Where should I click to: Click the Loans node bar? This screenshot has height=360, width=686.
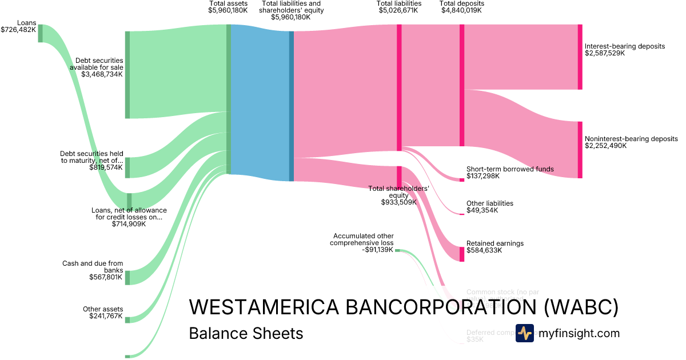(x=40, y=33)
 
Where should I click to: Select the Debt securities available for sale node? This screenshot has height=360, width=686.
(x=127, y=74)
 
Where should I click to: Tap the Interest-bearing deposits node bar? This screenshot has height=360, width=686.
(x=580, y=57)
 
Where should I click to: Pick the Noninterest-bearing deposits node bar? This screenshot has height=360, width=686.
(x=580, y=150)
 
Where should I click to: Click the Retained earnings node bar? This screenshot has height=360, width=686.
(x=462, y=254)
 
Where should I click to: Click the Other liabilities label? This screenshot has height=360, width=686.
(x=489, y=203)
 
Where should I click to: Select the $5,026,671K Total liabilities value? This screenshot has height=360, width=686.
(x=400, y=10)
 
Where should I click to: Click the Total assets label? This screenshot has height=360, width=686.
(x=229, y=3)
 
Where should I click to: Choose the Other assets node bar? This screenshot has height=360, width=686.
(x=127, y=320)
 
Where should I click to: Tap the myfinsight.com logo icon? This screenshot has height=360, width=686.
(x=524, y=333)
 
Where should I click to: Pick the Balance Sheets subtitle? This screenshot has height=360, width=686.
(x=246, y=333)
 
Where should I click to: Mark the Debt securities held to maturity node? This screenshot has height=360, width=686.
(x=127, y=167)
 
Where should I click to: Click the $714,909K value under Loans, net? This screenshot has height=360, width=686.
(x=129, y=224)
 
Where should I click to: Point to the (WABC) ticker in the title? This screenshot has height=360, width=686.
(x=580, y=307)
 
